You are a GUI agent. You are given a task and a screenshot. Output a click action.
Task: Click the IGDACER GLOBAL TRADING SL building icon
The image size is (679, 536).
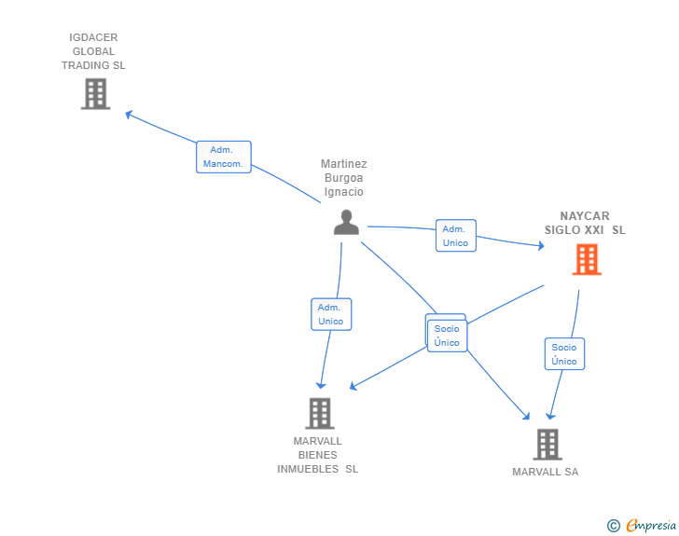tap(96, 93)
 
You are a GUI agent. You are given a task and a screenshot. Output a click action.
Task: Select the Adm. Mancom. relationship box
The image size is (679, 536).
tap(224, 157)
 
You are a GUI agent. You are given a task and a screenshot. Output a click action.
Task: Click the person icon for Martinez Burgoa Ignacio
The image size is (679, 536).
tap(346, 222)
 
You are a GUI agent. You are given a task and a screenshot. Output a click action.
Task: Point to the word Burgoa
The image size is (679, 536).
tap(344, 178)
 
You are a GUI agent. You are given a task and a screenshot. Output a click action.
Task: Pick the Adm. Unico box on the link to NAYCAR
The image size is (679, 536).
tap(455, 236)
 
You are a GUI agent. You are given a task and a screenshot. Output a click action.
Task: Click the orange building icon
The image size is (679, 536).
tap(587, 259)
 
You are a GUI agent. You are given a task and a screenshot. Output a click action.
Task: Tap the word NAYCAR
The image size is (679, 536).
tap(585, 215)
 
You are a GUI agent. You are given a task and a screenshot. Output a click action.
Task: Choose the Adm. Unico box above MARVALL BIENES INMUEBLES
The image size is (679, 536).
tap(331, 314)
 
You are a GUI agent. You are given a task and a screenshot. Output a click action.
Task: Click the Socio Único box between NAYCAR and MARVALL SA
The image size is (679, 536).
tap(564, 353)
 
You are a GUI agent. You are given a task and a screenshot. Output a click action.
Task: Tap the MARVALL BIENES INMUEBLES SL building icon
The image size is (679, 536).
tap(320, 413)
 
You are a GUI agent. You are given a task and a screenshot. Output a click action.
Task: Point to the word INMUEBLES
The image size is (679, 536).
tap(308, 469)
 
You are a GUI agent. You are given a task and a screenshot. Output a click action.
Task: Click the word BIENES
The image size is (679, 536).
tap(317, 455)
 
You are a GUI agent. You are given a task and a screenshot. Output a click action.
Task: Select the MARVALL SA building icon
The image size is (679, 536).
tap(547, 445)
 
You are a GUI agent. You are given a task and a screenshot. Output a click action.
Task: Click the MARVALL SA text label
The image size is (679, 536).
tap(546, 472)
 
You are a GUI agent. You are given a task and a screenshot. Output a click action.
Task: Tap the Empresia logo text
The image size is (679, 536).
tap(651, 525)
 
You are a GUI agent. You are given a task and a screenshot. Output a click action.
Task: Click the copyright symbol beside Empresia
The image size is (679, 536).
tap(614, 526)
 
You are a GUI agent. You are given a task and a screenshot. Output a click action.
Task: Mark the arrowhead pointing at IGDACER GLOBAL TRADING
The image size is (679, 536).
tap(129, 115)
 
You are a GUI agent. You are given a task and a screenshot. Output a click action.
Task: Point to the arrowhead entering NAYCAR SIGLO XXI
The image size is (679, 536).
tap(541, 246)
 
